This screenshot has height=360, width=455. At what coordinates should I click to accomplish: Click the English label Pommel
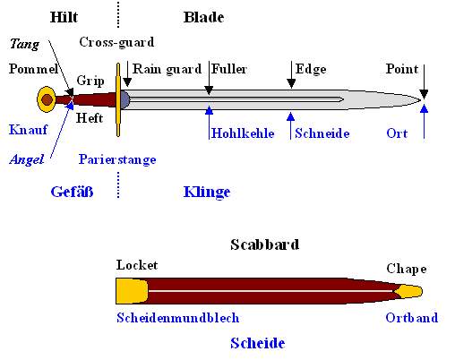tap(33, 69)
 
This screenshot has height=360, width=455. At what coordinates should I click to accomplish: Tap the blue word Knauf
tap(27, 129)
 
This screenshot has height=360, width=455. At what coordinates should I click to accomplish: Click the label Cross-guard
tap(116, 42)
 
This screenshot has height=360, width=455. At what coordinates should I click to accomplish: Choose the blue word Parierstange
tap(116, 159)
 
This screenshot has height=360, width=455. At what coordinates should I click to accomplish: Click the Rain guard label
tap(166, 68)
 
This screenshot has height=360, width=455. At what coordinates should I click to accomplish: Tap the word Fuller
tap(229, 68)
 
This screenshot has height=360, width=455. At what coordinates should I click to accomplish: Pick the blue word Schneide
tap(322, 133)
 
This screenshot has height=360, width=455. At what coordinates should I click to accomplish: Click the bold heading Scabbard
tap(264, 244)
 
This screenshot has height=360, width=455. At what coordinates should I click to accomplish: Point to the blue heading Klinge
tap(207, 192)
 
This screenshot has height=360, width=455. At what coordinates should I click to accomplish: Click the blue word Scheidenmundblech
tap(177, 317)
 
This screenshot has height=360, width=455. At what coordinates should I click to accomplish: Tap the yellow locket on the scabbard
tap(131, 290)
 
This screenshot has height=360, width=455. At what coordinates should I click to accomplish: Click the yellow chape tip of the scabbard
tap(409, 291)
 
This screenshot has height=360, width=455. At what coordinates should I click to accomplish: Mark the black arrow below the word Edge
tap(292, 82)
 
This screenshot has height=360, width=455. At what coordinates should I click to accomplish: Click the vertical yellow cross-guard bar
tap(117, 99)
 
